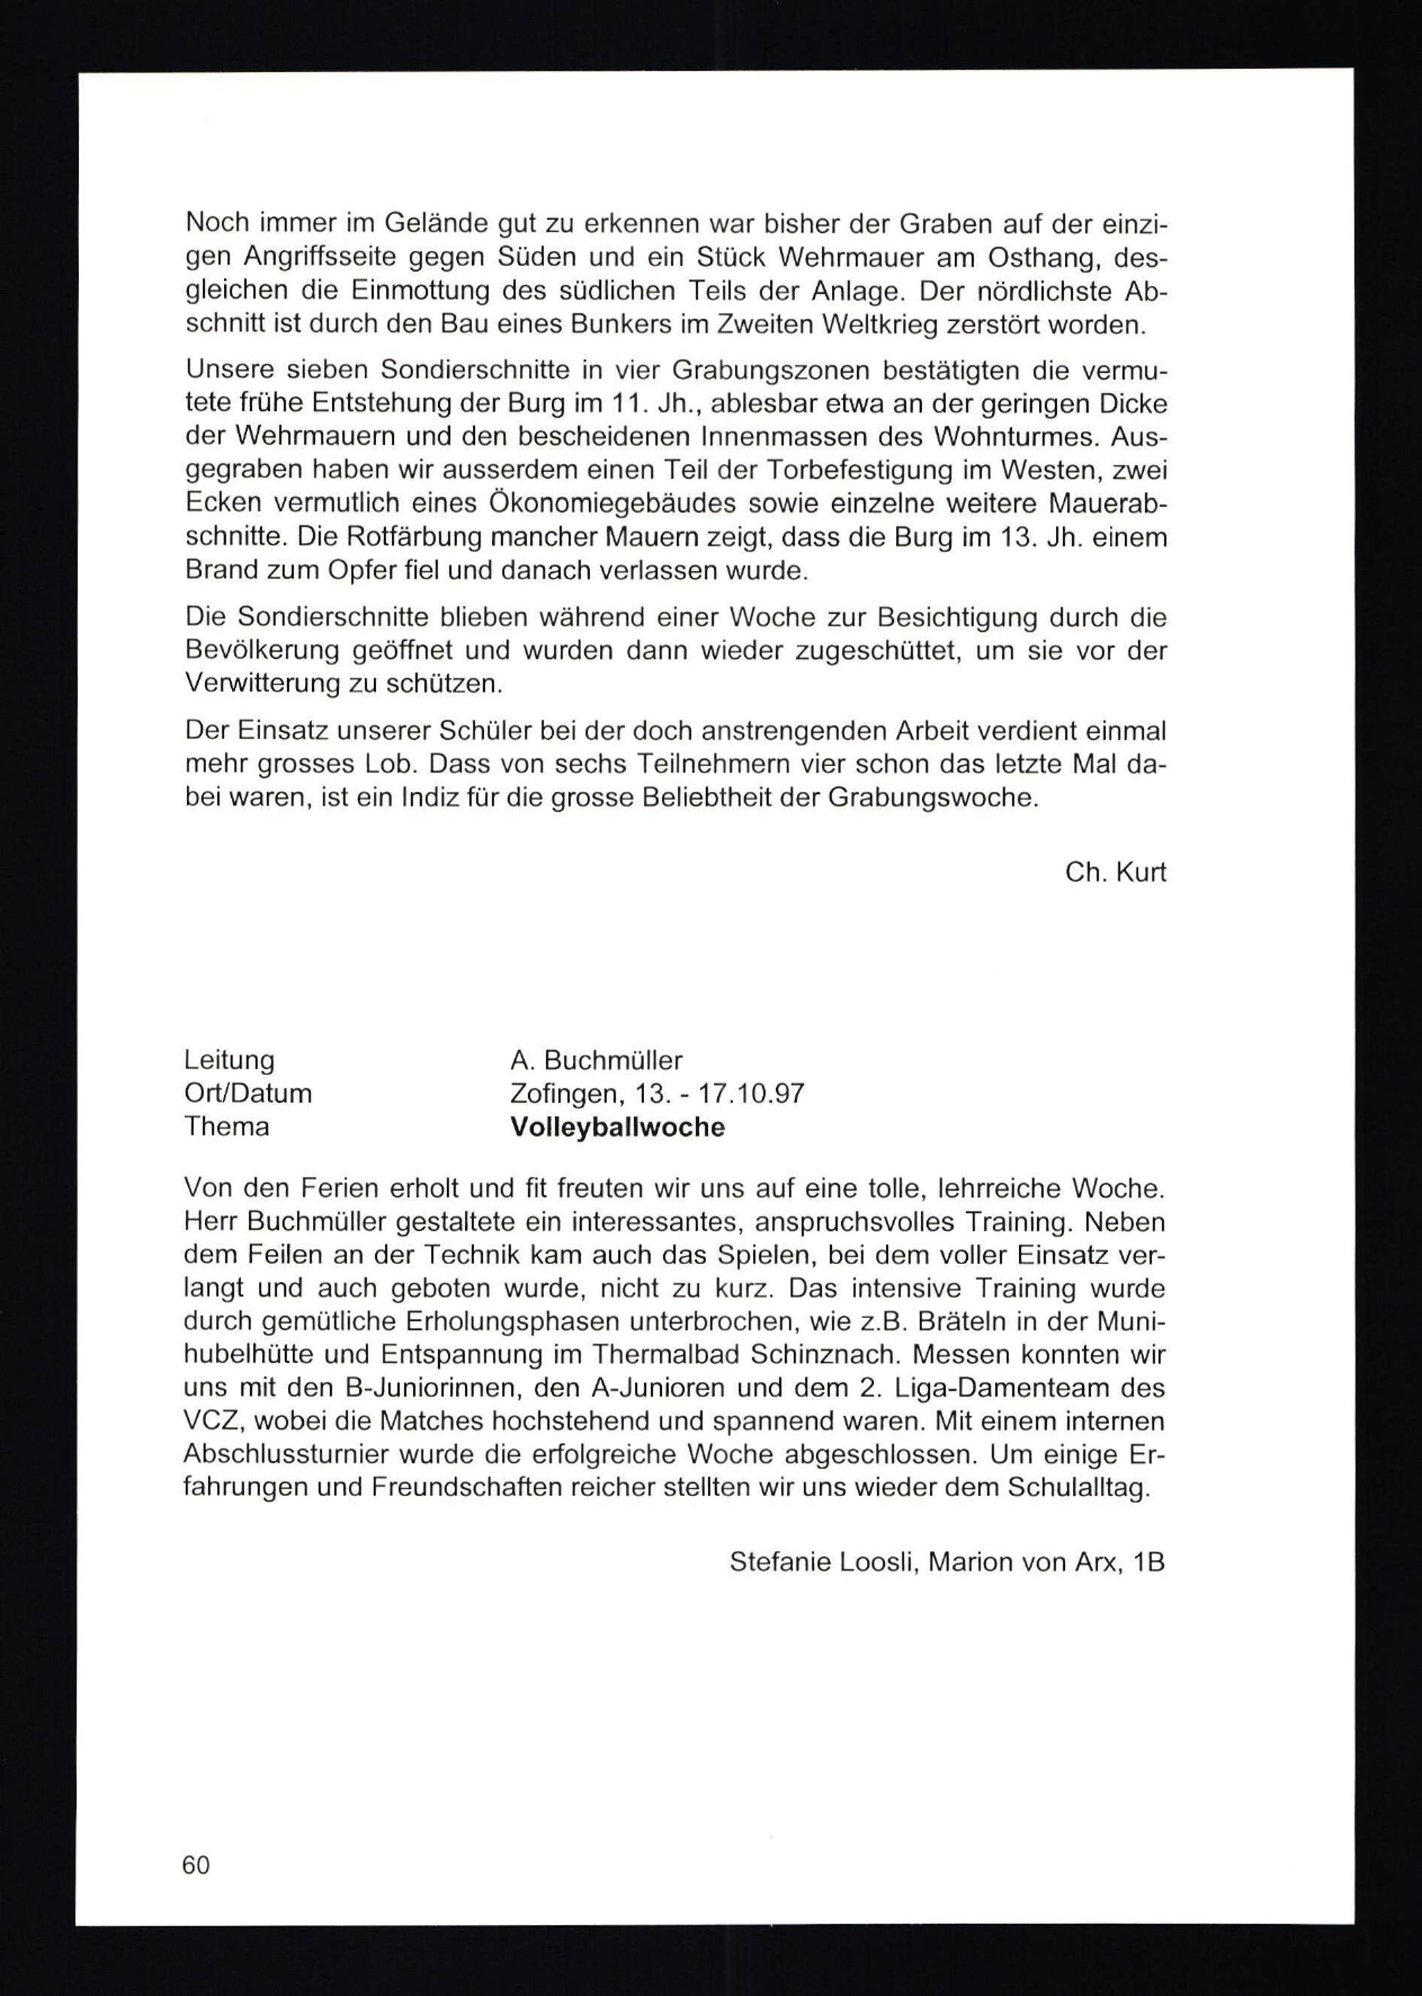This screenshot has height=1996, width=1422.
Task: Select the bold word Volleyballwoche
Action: [x=617, y=1127]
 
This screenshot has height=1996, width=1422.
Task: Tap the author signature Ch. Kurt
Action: [x=1116, y=872]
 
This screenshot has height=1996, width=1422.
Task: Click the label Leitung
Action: [x=230, y=1061]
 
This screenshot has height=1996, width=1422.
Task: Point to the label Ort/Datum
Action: [x=248, y=1094]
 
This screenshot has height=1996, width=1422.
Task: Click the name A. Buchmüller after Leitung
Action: [x=597, y=1061]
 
